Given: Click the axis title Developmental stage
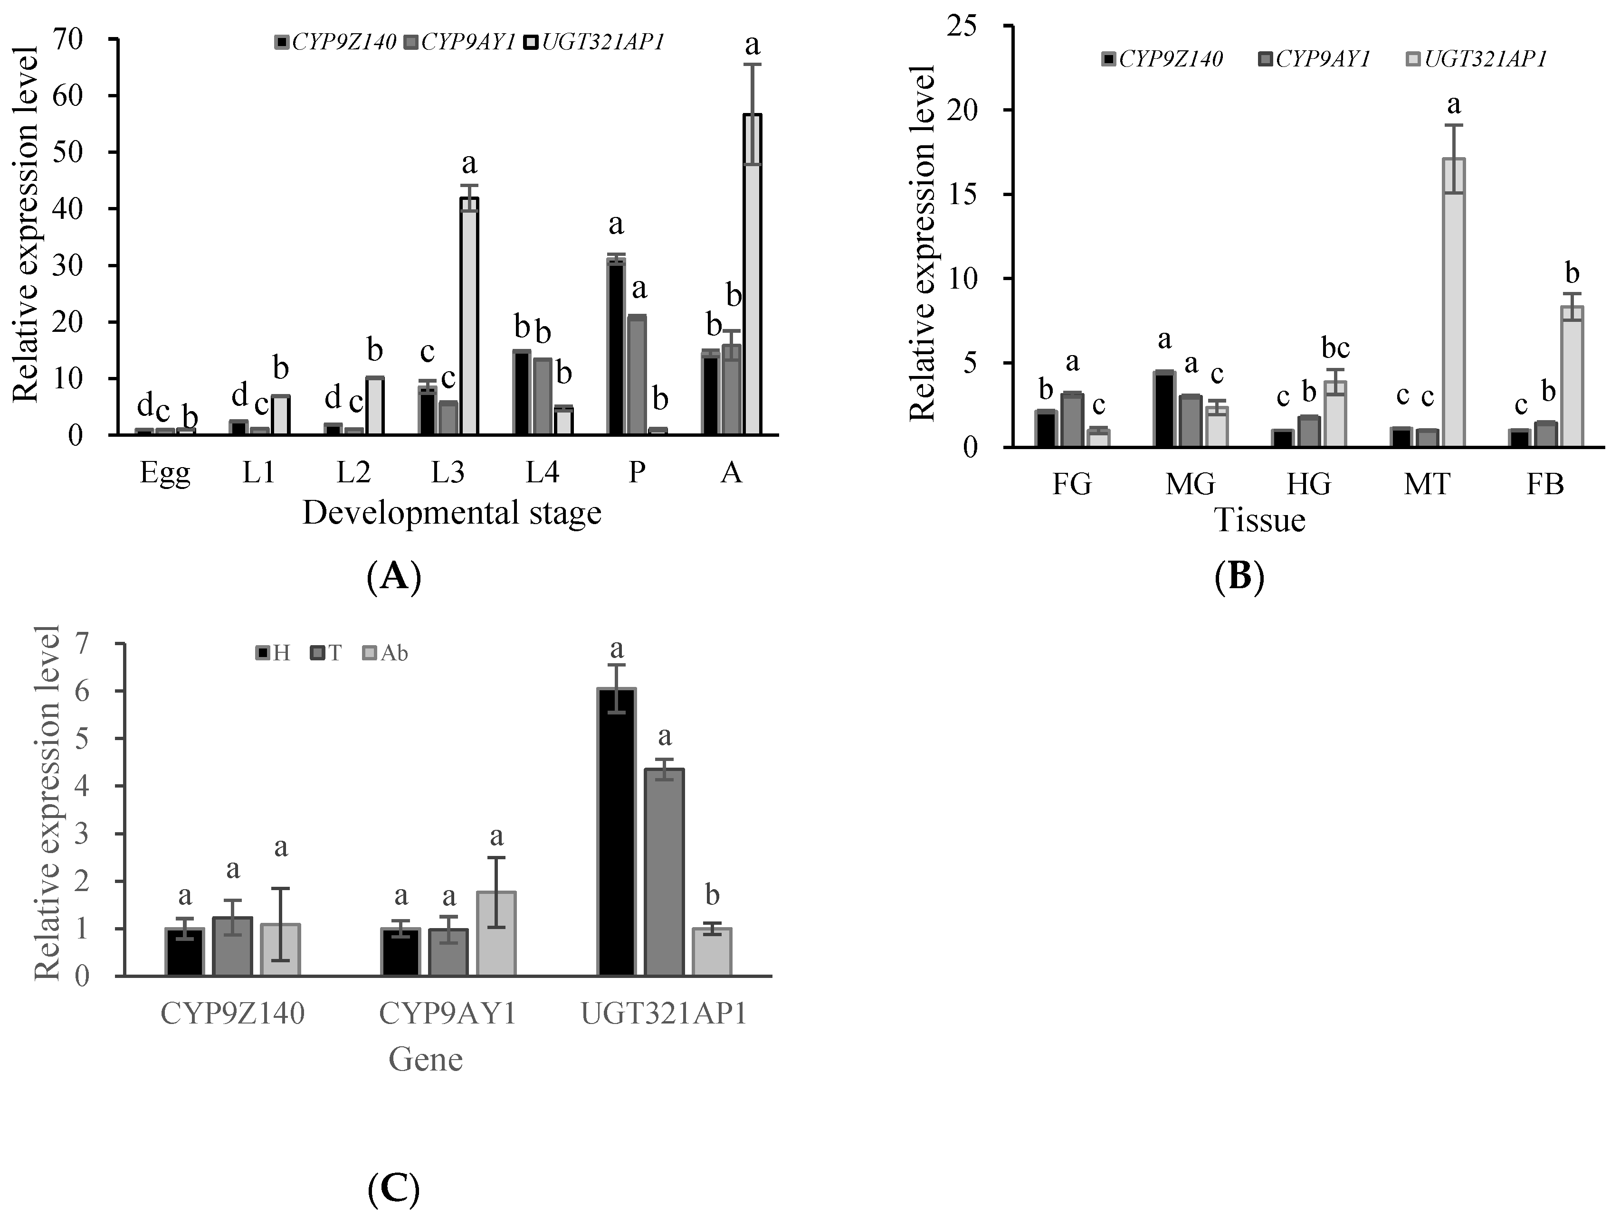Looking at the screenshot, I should [x=451, y=513].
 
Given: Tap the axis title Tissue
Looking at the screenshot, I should [x=1260, y=520].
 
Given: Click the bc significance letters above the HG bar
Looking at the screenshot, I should [x=1335, y=347].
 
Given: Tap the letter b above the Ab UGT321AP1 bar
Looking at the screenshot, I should [x=712, y=894].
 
